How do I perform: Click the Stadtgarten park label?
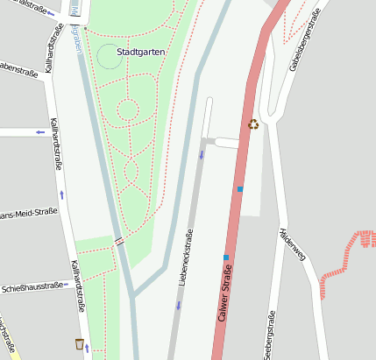tap(140, 52)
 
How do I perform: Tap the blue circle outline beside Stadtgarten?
tap(109, 57)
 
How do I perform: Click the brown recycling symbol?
tap(253, 124)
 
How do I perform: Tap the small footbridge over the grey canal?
tap(118, 241)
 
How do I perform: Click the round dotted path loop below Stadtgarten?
tap(127, 110)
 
